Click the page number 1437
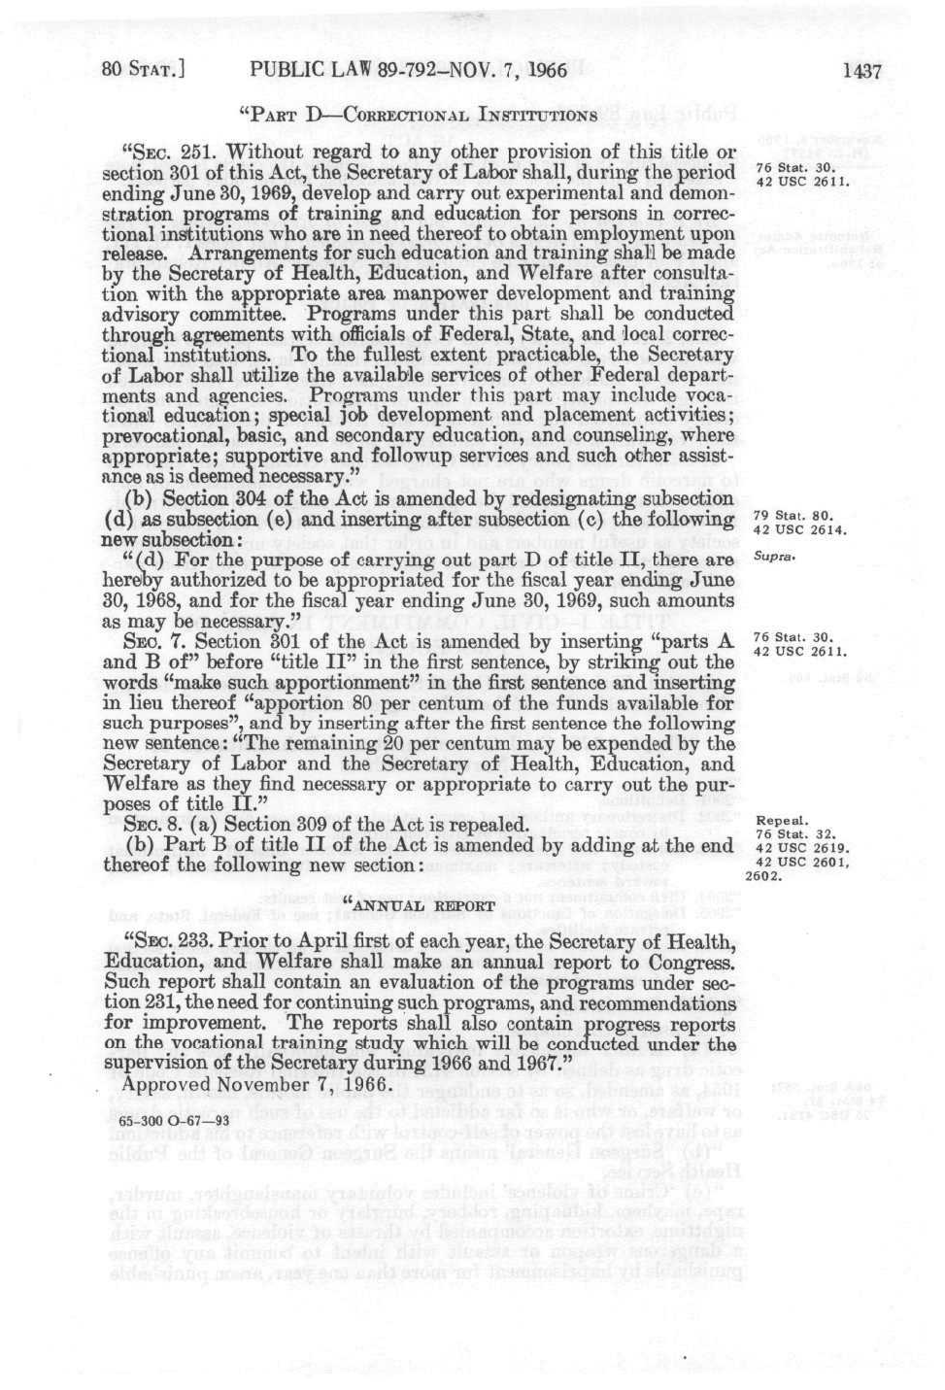861,70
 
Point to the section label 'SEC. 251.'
161,153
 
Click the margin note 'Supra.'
775,558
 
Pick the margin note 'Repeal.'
777,820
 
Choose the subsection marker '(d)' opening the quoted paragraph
140,560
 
